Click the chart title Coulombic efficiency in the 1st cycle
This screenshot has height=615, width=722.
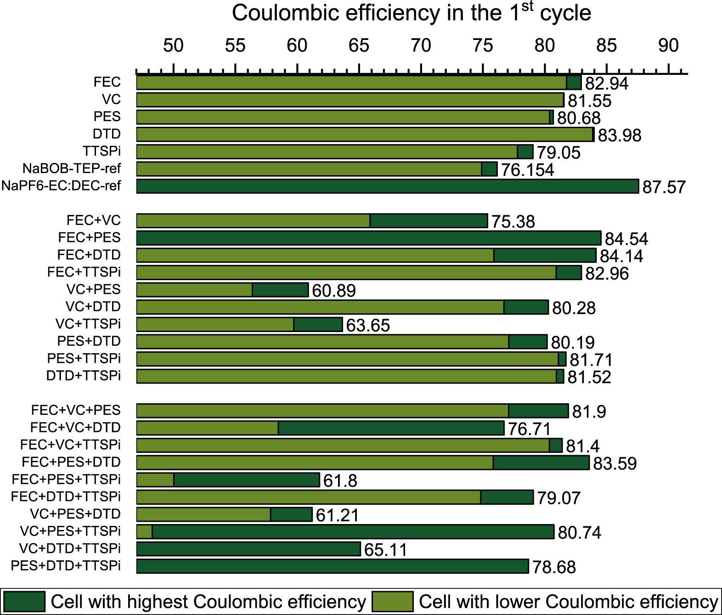point(411,13)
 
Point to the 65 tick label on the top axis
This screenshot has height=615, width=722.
point(359,45)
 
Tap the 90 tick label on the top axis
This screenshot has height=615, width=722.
point(668,45)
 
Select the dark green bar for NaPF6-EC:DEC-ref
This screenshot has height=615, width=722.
point(387,186)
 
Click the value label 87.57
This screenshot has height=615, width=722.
point(664,187)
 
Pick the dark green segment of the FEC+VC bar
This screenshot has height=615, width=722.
point(429,221)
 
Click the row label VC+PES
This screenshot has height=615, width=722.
point(93,289)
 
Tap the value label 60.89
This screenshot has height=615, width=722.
point(334,291)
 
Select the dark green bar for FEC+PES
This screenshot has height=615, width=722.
point(368,238)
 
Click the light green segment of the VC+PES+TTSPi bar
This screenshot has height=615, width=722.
point(145,532)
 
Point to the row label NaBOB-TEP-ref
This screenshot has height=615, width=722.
point(72,169)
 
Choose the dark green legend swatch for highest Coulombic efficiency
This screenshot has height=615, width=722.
point(24,601)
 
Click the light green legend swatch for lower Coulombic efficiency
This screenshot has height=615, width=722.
point(392,601)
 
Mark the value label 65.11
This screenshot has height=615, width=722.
point(385,550)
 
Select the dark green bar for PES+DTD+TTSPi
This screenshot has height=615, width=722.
point(332,566)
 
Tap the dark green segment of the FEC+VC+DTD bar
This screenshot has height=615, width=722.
point(391,428)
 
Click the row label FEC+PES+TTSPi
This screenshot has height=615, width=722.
point(66,480)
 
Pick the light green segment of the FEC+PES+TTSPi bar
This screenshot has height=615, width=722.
point(155,480)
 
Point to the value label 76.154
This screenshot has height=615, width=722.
point(527,170)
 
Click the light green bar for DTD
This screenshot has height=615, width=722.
point(365,135)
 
